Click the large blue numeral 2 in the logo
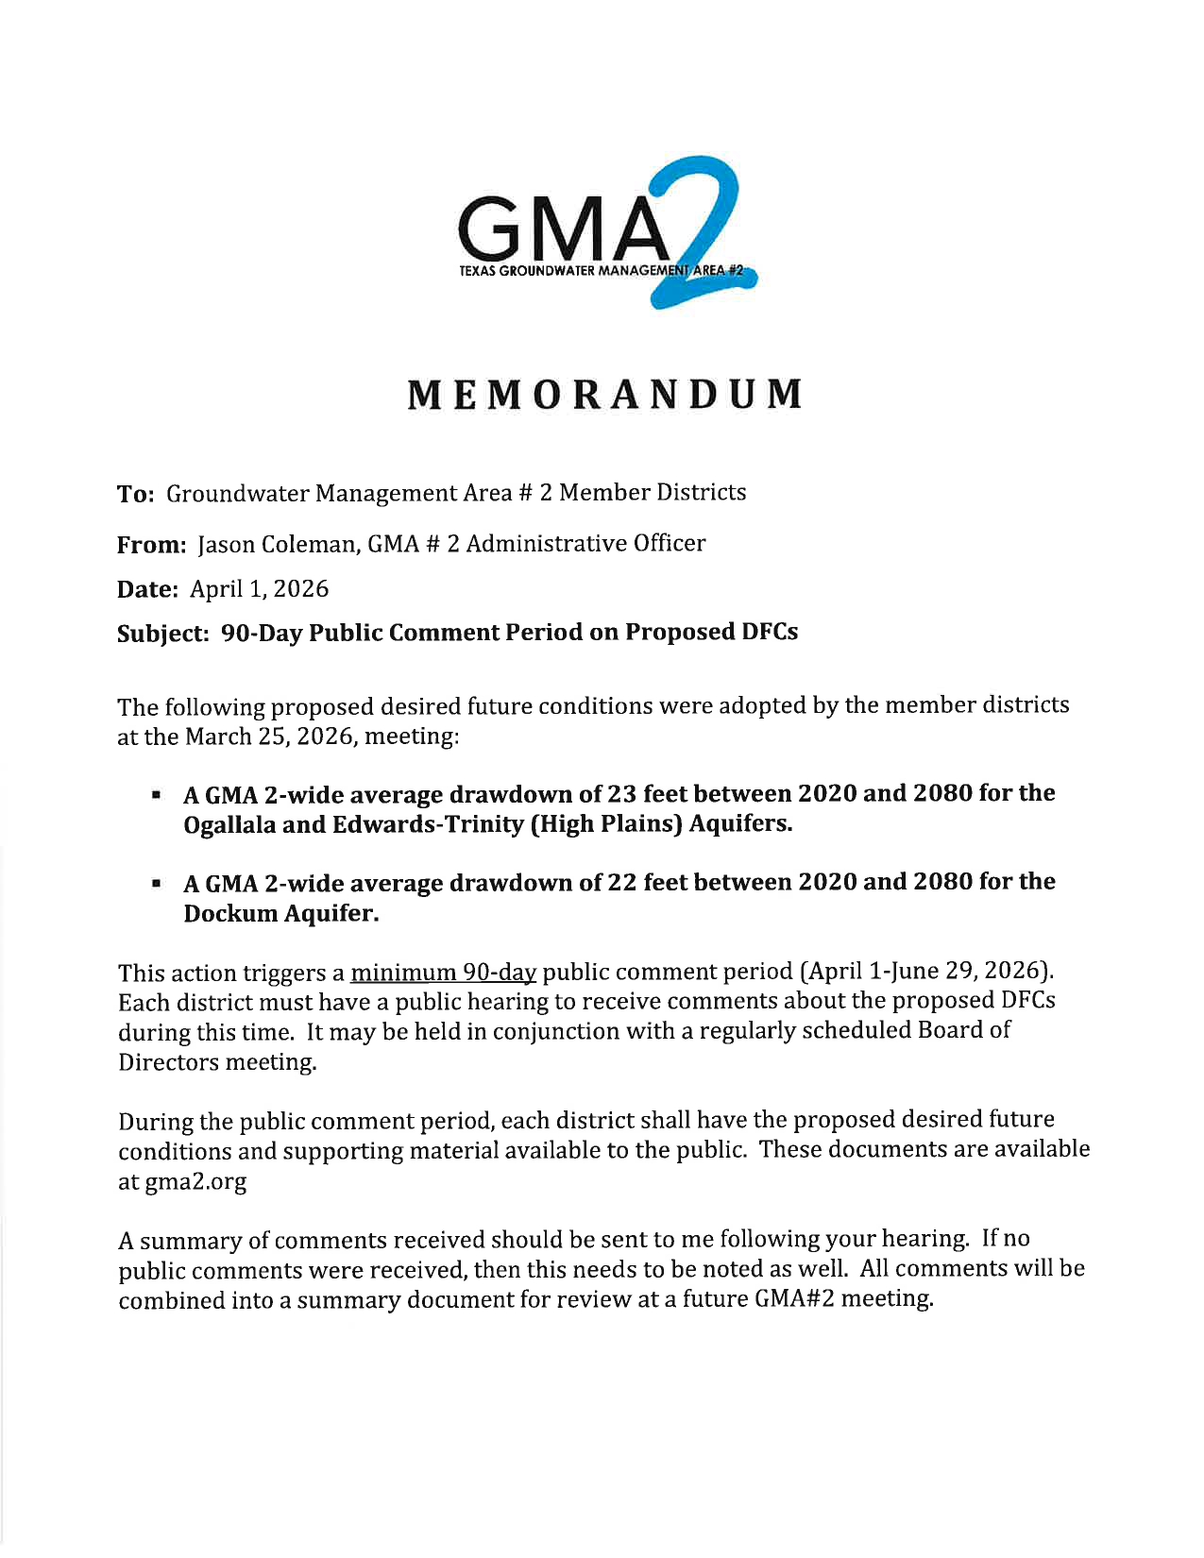tap(704, 236)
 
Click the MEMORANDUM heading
tap(604, 395)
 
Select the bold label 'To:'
tap(135, 494)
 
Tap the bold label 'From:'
tap(151, 545)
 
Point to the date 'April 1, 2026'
tap(259, 589)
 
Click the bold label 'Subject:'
tap(162, 634)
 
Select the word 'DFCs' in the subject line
tap(769, 632)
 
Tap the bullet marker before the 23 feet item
tap(155, 796)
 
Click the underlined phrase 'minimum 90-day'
tap(443, 973)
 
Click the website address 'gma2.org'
tap(195, 1181)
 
